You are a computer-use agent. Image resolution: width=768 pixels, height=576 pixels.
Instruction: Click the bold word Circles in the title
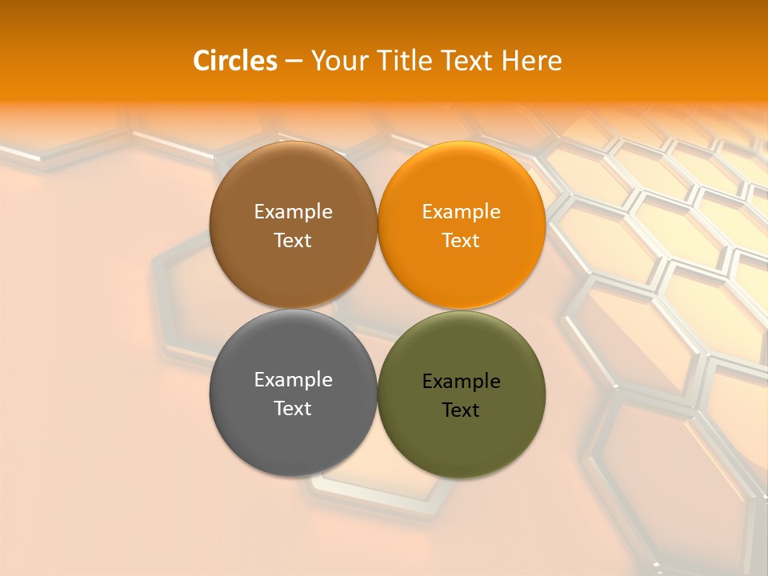[x=235, y=61]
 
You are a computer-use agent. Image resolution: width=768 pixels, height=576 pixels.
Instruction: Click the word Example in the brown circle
[x=293, y=212]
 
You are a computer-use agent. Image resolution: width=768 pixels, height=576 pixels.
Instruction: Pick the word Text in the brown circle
[x=293, y=241]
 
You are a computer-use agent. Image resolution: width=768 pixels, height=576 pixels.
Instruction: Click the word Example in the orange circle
[x=461, y=212]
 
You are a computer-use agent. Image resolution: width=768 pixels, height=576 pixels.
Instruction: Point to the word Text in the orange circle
[x=461, y=241]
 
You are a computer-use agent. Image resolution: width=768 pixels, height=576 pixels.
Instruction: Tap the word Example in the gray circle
[x=293, y=380]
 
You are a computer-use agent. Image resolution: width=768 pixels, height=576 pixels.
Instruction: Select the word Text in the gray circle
[x=293, y=409]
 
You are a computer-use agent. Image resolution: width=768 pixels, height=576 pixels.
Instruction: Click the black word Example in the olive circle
[x=461, y=382]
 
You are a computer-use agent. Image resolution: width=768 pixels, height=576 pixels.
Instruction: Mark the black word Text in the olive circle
[x=461, y=410]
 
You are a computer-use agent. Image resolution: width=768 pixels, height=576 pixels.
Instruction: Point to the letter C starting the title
[x=202, y=61]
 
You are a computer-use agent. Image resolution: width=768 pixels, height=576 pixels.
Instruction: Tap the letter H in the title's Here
[x=510, y=61]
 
